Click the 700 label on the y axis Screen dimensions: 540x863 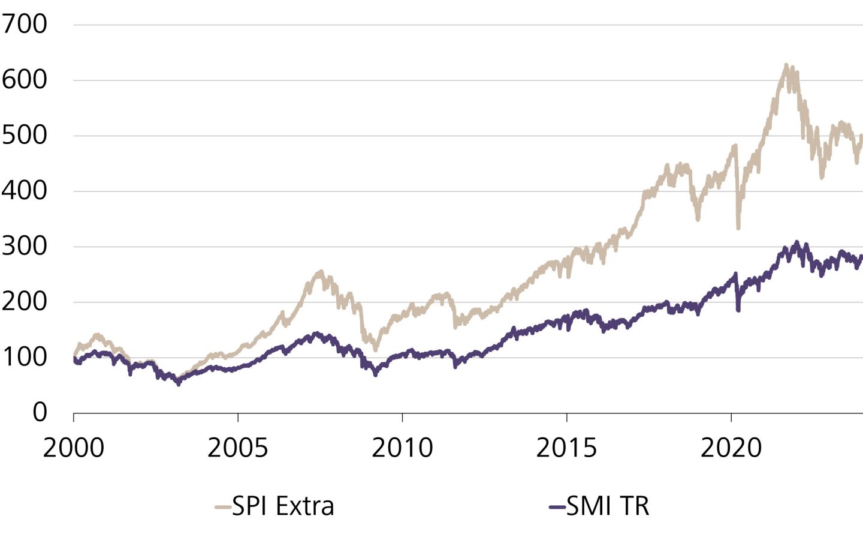(24, 25)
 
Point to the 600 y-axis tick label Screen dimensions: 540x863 (24, 80)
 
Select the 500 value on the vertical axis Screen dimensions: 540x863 (24, 136)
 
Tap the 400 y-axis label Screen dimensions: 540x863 (24, 191)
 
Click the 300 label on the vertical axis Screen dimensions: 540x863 (24, 246)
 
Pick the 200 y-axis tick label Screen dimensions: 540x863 (24, 301)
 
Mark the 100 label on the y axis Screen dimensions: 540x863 (24, 357)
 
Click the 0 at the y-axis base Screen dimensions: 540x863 (40, 412)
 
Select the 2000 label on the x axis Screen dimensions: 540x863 (73, 448)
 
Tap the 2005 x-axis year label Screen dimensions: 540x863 (238, 448)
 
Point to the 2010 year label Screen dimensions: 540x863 (402, 448)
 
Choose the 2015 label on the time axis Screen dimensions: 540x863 (566, 448)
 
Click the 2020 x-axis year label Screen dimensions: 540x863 (731, 448)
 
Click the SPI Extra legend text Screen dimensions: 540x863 (283, 506)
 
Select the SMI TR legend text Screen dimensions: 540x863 (608, 506)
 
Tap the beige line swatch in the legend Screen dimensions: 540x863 (223, 508)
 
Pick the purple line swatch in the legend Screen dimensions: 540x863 (557, 508)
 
